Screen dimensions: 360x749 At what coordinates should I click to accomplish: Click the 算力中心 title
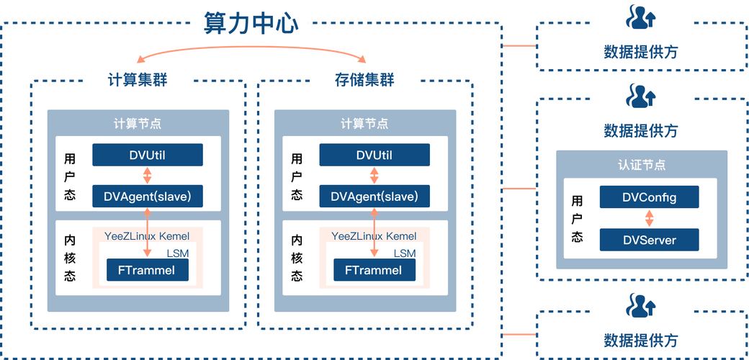(251, 23)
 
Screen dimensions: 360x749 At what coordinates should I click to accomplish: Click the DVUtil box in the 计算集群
(148, 155)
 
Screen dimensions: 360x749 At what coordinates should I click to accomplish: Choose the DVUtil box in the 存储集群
(374, 155)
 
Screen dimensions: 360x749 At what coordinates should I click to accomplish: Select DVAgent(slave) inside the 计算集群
(148, 196)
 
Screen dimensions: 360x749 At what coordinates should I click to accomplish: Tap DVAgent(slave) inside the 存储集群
(374, 196)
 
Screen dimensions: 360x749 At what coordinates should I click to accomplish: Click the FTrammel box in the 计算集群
(147, 271)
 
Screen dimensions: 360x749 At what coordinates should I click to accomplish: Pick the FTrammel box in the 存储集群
(374, 271)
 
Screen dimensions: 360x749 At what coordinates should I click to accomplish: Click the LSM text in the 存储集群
(404, 253)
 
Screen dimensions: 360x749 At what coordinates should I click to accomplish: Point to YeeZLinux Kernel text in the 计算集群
(147, 236)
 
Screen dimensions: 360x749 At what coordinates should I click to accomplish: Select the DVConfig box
(649, 197)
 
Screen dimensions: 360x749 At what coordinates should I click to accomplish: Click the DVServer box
(649, 239)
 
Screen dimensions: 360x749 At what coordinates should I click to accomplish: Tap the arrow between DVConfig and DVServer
(649, 218)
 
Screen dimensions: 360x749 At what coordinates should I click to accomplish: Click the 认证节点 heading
(642, 165)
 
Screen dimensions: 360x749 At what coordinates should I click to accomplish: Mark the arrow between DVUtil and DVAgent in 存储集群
(374, 175)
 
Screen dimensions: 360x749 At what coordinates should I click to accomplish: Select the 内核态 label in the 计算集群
(70, 258)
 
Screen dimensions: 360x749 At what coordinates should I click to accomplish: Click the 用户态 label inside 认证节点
(578, 218)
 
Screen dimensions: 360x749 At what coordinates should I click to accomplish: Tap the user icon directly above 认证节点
(640, 96)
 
